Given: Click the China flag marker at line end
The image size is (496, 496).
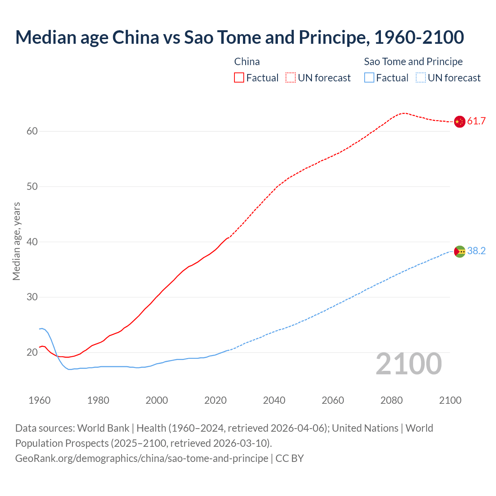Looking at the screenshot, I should (x=459, y=122).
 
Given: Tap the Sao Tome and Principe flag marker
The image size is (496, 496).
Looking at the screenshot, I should (x=459, y=251).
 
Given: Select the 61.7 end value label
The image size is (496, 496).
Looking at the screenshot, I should (x=476, y=121).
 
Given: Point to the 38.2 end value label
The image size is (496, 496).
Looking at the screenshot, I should (x=476, y=251).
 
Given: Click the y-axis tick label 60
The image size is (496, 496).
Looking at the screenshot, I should (x=32, y=131).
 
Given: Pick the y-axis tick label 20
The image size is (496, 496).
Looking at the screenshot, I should (x=32, y=353).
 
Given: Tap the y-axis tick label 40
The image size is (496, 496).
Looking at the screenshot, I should (x=32, y=242).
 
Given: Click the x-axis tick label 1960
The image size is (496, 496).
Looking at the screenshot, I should (x=40, y=400).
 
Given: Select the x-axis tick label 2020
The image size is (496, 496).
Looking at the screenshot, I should (x=215, y=400).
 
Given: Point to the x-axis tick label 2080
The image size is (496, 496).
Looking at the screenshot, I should (x=391, y=400).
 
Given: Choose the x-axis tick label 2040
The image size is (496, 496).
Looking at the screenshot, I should (x=274, y=400).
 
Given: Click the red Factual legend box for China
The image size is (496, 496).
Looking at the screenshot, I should (x=239, y=78).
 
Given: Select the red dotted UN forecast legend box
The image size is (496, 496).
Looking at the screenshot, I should (x=291, y=78).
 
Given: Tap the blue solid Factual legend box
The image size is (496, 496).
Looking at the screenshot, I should (x=369, y=78).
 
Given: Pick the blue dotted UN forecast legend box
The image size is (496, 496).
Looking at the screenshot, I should (x=421, y=78).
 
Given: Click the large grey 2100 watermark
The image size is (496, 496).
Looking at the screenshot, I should (x=409, y=364).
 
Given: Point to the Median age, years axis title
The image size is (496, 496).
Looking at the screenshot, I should (x=16, y=241).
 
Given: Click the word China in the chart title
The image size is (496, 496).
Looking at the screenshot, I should (x=136, y=38).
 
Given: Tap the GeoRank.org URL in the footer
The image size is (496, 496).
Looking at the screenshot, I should (x=141, y=458).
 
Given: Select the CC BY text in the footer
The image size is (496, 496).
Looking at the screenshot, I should (x=289, y=458).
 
